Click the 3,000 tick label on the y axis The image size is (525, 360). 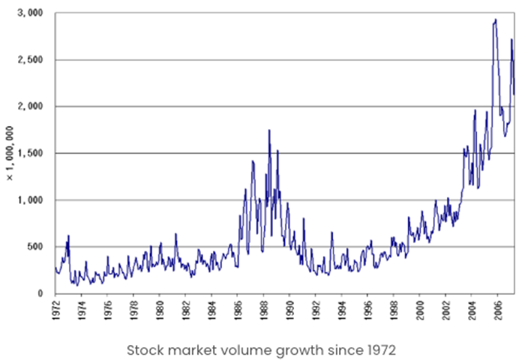[x=31, y=13]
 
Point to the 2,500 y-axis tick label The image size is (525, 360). [x=31, y=60]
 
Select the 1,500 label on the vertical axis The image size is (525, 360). [x=31, y=153]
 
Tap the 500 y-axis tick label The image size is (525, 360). [x=36, y=247]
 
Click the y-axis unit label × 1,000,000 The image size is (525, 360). [x=10, y=154]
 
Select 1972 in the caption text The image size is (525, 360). [x=378, y=349]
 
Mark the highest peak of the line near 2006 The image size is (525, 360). [x=495, y=19]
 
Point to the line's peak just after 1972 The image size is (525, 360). [x=68, y=236]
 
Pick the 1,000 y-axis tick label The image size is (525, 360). [x=31, y=200]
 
